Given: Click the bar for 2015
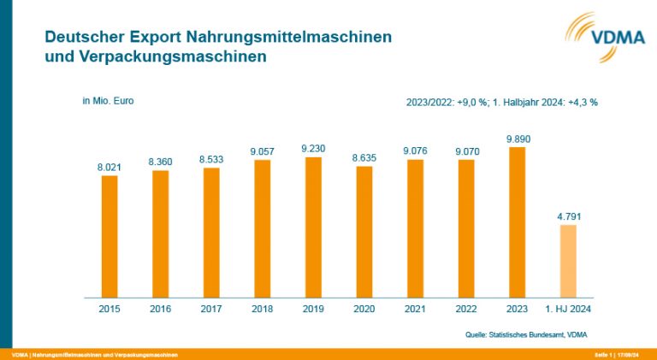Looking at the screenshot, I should [109, 236].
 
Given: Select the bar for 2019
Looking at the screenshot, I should [314, 227].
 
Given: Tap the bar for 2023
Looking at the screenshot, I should [518, 222].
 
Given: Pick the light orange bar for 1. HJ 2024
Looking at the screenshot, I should [568, 261].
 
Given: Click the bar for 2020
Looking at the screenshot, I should [364, 232].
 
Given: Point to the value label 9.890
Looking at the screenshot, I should [518, 138].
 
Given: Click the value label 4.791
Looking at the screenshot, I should [568, 216].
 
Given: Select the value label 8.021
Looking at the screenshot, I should [109, 167].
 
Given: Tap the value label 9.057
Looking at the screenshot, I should [263, 151].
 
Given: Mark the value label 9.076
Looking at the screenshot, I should [416, 151].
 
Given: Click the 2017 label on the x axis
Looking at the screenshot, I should [211, 309].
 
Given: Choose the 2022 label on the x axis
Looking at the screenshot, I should [466, 309].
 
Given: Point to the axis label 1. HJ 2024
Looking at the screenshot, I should [568, 309].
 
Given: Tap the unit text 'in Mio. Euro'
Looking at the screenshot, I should [108, 100].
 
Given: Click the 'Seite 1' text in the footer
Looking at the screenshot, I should [604, 354].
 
